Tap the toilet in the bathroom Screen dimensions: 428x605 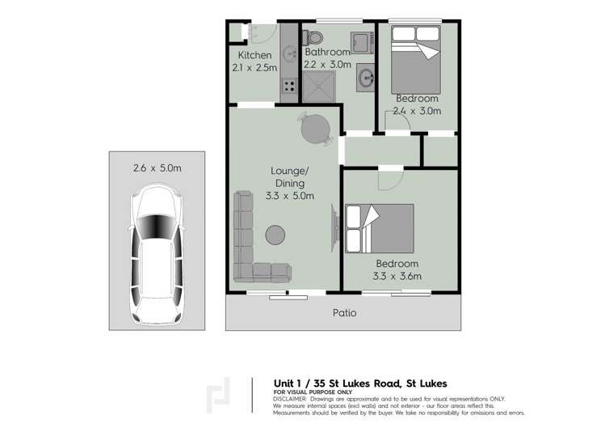click(314, 36)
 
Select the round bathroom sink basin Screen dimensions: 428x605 click(366, 78)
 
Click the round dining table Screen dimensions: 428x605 click(315, 127)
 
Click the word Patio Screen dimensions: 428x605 click(344, 312)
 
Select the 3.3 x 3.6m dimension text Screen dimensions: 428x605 click(397, 277)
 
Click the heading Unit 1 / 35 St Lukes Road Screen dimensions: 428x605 click(360, 383)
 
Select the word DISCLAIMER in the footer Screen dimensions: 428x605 click(289, 399)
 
